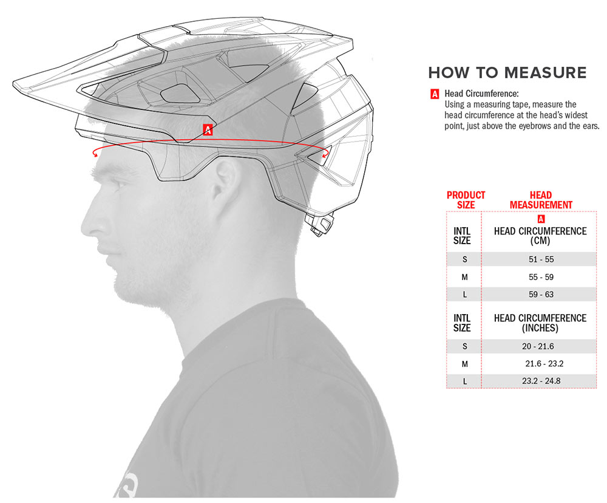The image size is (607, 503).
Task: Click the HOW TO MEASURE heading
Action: click(507, 73)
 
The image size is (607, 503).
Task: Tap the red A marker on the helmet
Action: click(208, 130)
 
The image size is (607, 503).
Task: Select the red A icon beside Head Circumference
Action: click(435, 94)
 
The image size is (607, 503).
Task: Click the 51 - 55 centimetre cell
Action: click(541, 259)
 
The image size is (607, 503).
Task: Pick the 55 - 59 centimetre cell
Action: click(541, 277)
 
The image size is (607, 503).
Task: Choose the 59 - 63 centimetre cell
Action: click(541, 295)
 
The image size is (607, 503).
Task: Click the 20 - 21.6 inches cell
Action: click(538, 346)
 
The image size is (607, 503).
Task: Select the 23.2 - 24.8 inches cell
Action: click(541, 381)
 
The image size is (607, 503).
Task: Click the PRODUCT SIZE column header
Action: click(466, 200)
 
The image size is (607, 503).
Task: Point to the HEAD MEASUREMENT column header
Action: click(541, 200)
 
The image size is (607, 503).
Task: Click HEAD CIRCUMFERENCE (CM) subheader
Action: click(540, 236)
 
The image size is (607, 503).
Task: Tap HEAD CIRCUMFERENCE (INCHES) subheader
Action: click(540, 323)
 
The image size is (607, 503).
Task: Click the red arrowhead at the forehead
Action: click(95, 154)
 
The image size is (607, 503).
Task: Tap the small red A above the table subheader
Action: click(541, 219)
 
